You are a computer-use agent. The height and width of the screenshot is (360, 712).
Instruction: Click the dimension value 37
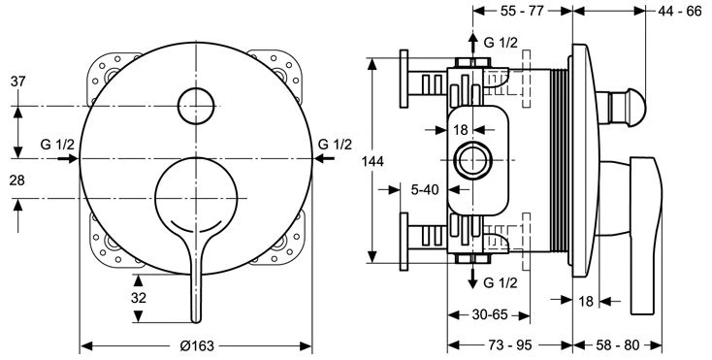point(17,82)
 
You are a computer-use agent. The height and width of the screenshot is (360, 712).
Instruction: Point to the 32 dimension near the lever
point(140,298)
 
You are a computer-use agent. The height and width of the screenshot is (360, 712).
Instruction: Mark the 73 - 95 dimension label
point(508,346)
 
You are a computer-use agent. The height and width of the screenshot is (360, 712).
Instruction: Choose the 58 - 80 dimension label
point(617,346)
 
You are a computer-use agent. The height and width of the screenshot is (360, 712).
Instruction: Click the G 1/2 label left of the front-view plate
point(57,145)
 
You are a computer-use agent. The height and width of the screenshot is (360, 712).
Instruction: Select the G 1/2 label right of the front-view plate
point(335,145)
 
